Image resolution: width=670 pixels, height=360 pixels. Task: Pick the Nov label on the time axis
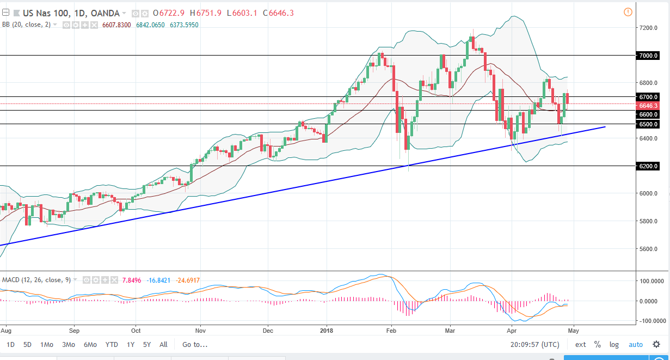pos(200,330)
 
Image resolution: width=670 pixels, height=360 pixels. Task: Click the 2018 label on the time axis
pos(327,330)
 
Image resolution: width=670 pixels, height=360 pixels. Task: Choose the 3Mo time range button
pos(69,344)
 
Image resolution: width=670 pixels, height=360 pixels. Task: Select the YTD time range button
pos(112,344)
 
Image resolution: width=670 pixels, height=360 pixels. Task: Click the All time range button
pos(163,344)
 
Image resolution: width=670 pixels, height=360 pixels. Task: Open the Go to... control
pos(195,344)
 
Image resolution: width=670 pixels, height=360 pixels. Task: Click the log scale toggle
pos(614,344)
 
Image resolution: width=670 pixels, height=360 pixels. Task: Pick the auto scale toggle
pos(635,344)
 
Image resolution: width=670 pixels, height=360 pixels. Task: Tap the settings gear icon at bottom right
pos(656,344)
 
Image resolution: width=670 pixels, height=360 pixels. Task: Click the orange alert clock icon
pos(628,12)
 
